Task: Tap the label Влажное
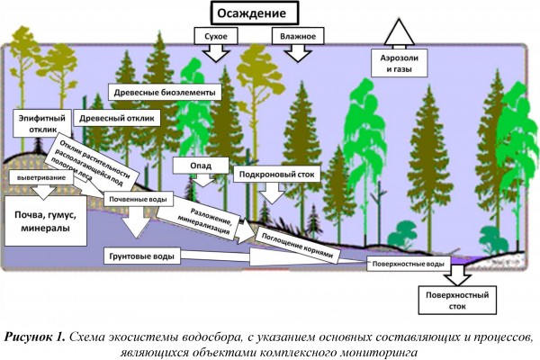pyautogui.click(x=297, y=36)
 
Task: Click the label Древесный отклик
pyautogui.click(x=117, y=117)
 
